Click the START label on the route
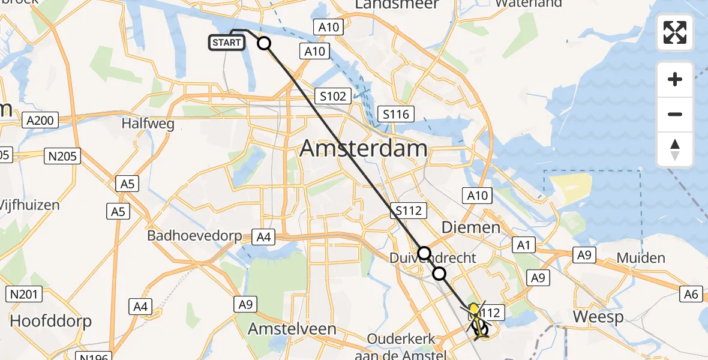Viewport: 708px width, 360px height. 226,43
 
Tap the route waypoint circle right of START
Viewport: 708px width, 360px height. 264,43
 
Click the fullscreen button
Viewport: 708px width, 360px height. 675,32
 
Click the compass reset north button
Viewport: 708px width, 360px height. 675,149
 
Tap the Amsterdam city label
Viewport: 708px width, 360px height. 364,148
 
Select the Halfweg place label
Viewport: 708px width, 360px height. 148,124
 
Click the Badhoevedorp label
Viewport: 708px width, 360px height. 194,236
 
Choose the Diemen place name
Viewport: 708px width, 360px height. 471,227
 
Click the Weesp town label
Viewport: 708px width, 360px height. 598,317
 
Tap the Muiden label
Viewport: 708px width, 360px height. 641,258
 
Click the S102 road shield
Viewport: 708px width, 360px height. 333,95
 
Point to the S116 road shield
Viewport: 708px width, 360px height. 396,114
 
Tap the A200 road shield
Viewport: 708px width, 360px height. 40,121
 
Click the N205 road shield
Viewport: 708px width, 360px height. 62,157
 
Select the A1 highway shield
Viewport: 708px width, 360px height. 521,244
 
